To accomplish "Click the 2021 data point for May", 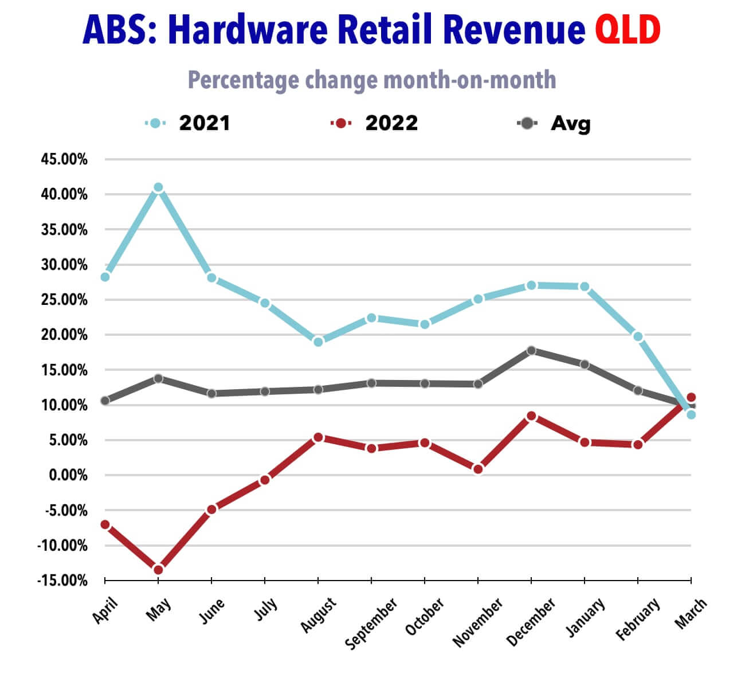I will pos(158,187).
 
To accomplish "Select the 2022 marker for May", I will pos(158,569).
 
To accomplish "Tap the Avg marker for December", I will pos(531,350).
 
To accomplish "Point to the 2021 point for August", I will pos(318,342).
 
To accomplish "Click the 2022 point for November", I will pos(478,469).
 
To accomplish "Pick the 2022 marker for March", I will pos(691,397).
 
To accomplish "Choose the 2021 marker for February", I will pos(638,336).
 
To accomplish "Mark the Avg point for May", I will pos(158,378).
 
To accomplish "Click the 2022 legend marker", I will pos(341,123).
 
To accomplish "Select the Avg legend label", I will pos(570,123).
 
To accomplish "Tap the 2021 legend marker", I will pos(155,123).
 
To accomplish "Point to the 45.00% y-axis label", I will pos(64,159).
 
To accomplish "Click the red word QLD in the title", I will pos(628,30).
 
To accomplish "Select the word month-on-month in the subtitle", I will pos(470,80).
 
